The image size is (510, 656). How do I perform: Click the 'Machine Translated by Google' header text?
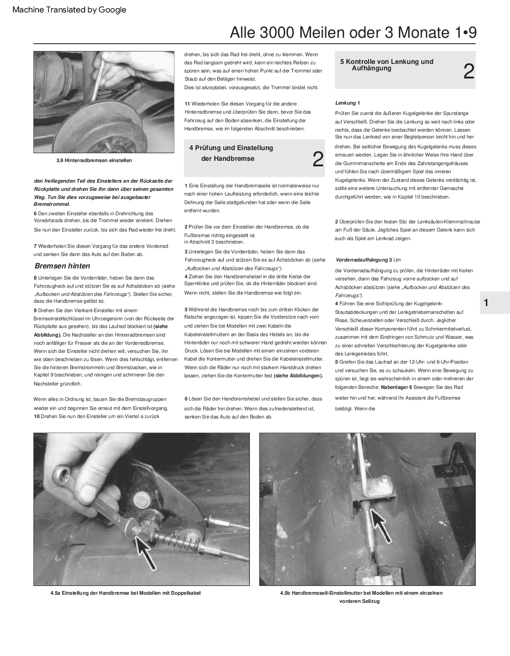point(69,9)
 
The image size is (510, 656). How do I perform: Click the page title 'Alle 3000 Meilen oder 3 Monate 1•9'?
point(353,33)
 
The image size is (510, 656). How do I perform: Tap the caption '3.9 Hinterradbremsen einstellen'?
point(94,160)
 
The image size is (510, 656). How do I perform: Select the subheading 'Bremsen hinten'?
point(62,266)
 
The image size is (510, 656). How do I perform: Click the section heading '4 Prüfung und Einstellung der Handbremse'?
point(231,153)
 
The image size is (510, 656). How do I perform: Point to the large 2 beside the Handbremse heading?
point(318,159)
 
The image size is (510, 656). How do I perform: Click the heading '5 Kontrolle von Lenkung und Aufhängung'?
point(387,65)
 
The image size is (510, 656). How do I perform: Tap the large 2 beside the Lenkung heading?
point(468,72)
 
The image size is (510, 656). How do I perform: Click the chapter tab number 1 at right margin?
point(486,303)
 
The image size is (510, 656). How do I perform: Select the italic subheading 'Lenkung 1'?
point(347,103)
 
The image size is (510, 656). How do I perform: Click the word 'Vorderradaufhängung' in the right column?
point(361,260)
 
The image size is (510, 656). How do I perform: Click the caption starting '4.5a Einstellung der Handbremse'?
point(125,593)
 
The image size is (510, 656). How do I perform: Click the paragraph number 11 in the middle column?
point(187,104)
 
